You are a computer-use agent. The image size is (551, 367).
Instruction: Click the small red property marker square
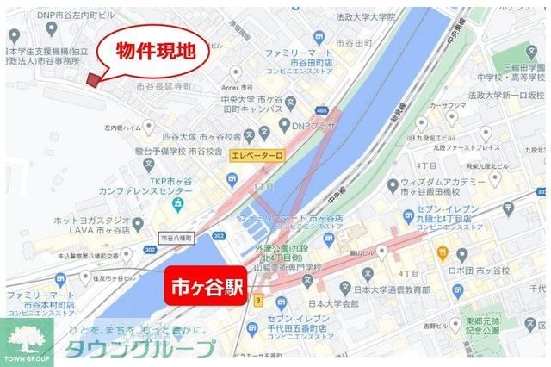tap(93, 80)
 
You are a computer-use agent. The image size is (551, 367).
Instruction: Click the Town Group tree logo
tap(27, 338)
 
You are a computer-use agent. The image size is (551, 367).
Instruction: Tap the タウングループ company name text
tap(141, 349)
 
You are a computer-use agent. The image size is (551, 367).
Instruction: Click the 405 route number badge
tap(322, 110)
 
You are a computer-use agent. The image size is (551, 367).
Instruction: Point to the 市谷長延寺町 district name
tap(164, 87)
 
